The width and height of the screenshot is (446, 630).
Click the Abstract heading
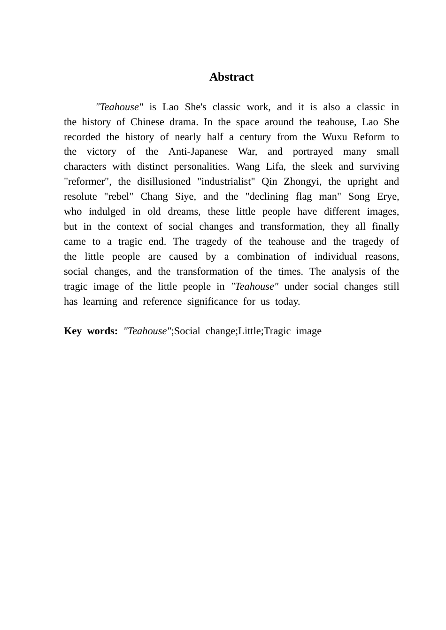[231, 77]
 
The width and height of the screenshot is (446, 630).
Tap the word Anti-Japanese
[198, 152]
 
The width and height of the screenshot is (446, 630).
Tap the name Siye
[184, 197]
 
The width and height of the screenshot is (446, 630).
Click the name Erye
[387, 197]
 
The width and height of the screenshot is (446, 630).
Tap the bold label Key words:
[91, 331]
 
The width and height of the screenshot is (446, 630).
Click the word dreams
[184, 212]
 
